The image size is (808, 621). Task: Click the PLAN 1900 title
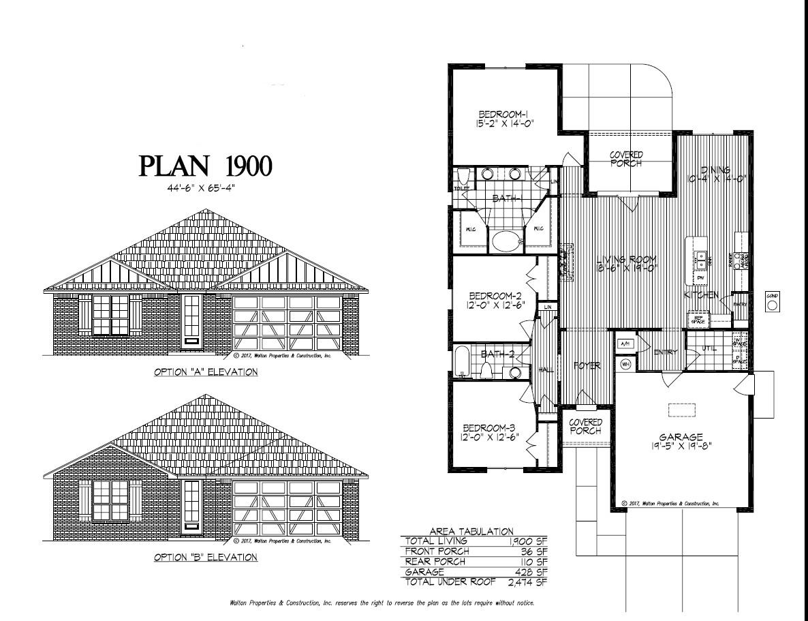206,166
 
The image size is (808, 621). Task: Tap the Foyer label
586,366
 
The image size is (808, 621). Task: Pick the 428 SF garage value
535,572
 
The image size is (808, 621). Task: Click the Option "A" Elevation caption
205,372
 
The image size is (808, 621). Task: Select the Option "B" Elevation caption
205,558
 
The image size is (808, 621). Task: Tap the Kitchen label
701,295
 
